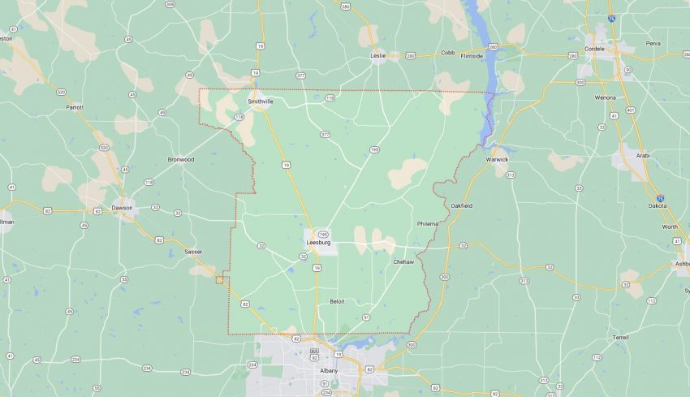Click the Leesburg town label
(x=319, y=242)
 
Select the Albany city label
(x=328, y=371)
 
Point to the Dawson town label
(x=122, y=207)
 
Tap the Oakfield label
(x=461, y=205)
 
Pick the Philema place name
(x=427, y=223)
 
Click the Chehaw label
(x=403, y=261)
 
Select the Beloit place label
(x=337, y=301)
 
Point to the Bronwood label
(x=181, y=159)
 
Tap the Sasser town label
(x=192, y=252)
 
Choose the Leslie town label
(x=377, y=56)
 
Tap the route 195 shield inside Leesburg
(x=322, y=233)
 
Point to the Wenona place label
(x=605, y=97)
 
